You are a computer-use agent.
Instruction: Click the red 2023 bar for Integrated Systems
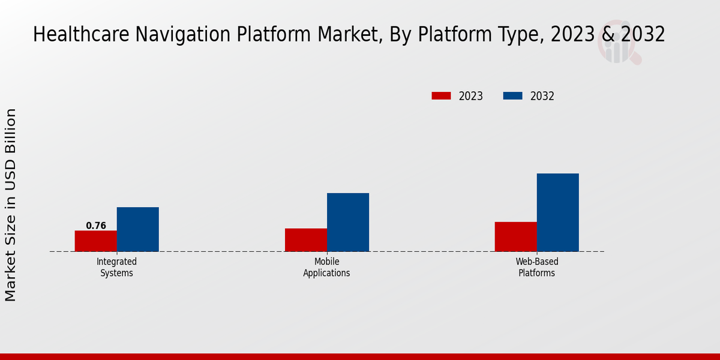(95, 241)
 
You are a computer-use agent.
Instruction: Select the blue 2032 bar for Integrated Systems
(137, 229)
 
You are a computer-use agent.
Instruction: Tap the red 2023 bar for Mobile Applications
(305, 239)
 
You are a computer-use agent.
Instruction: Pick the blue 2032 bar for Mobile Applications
(347, 222)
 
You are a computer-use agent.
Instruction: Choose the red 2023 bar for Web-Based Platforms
(515, 236)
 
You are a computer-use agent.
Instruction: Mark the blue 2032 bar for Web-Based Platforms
(557, 212)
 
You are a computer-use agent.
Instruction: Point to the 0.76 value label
(96, 226)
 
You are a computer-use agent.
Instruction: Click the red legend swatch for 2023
(441, 96)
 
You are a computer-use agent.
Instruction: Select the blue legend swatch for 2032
(512, 96)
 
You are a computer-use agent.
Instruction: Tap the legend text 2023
(471, 96)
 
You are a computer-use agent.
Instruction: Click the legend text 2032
(542, 96)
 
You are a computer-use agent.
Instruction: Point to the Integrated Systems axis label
(116, 267)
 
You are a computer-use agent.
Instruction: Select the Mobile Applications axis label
(326, 267)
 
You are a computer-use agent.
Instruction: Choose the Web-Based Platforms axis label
(536, 267)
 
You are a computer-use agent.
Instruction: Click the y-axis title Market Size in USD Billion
(11, 205)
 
